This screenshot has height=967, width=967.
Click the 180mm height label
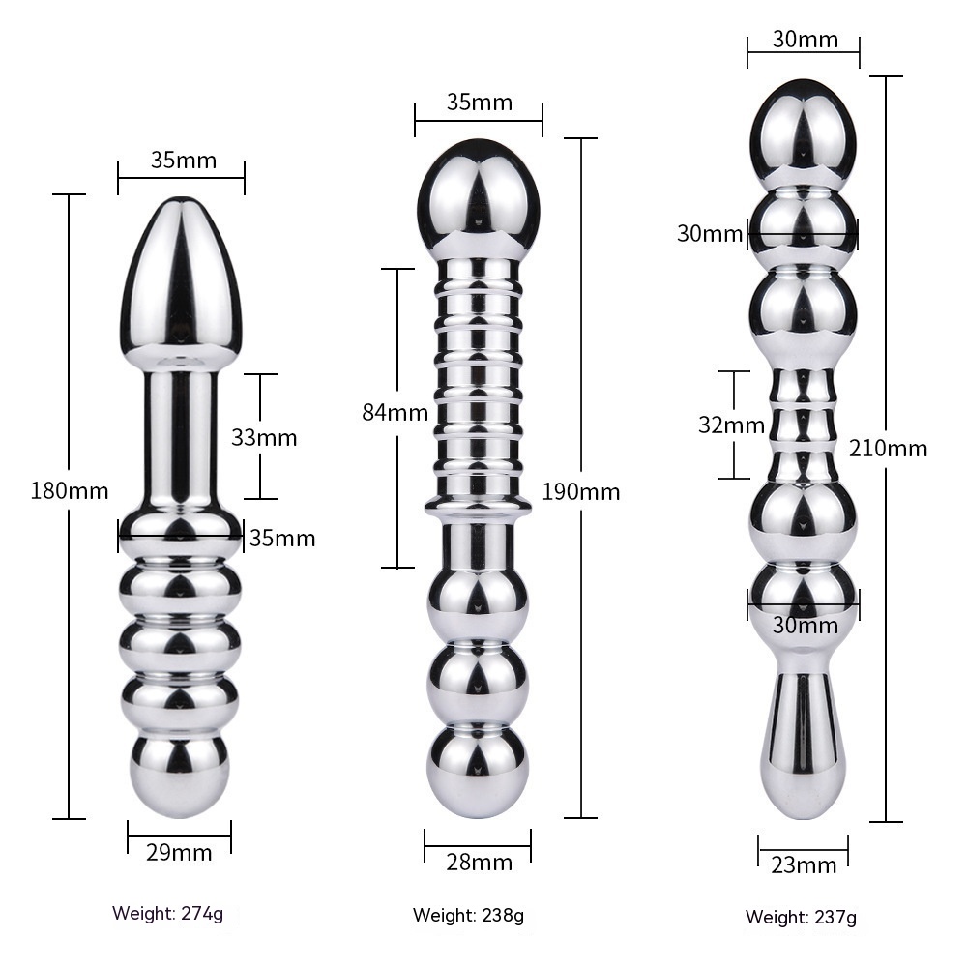point(70,491)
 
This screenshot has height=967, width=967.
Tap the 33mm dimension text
point(264,437)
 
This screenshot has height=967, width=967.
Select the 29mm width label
point(179,852)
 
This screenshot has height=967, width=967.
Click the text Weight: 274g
point(167,913)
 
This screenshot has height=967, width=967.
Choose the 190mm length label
point(581,491)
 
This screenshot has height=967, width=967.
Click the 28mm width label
point(480,863)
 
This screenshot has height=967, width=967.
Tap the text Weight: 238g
point(468,915)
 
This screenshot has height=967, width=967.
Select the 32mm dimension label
point(731,425)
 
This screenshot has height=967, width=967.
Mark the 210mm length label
point(888,448)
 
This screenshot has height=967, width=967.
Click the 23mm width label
point(804,864)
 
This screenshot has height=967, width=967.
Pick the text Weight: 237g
point(801,917)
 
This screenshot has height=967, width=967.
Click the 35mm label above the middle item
point(480,102)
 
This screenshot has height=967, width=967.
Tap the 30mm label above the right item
point(806,40)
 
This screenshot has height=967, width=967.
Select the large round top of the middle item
point(479,195)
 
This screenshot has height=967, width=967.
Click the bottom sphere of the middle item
point(478,771)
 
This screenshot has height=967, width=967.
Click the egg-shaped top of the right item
point(804,134)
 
